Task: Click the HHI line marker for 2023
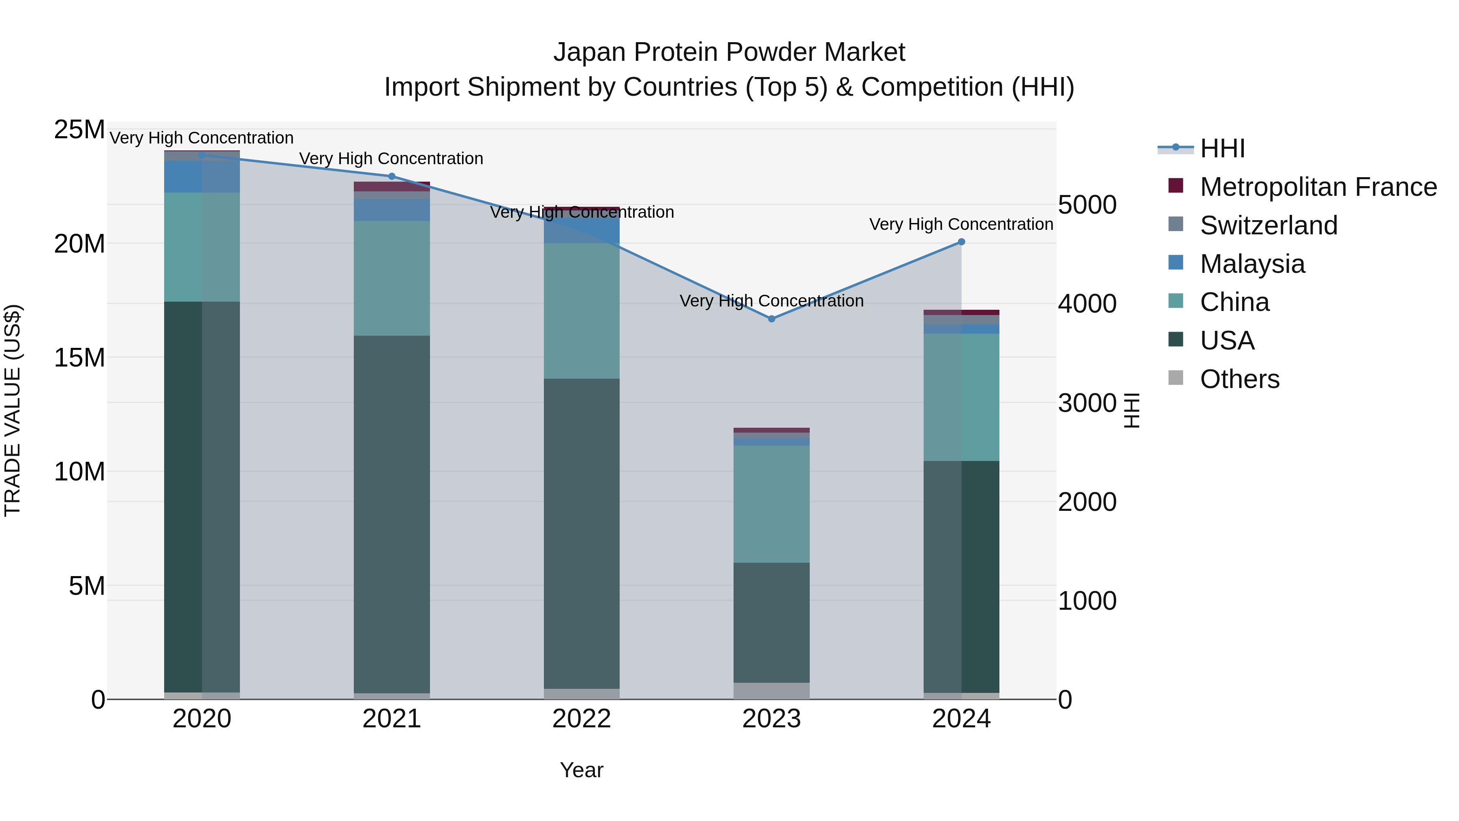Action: tap(771, 319)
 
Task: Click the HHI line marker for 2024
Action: tap(961, 242)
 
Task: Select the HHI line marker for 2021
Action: tap(391, 176)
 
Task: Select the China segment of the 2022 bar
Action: tap(582, 311)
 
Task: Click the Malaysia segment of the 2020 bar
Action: tap(202, 176)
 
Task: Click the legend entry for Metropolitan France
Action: tap(1318, 187)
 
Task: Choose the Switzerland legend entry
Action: tap(1268, 225)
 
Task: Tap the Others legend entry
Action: tap(1239, 379)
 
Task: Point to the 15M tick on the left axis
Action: tap(79, 358)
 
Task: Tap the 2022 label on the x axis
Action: tap(582, 719)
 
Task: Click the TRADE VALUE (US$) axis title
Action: tap(13, 410)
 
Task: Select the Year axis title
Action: tap(582, 770)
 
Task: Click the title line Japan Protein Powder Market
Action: tap(729, 52)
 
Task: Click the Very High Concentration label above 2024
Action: tap(961, 224)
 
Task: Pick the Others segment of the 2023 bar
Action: tap(771, 691)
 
